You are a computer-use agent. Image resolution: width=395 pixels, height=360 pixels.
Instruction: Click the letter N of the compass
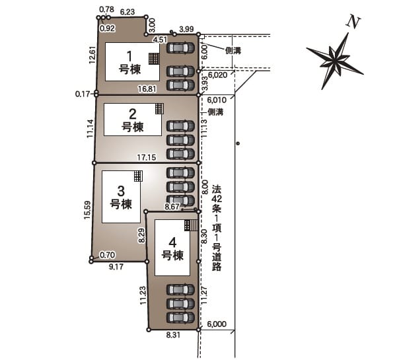(x=353, y=22)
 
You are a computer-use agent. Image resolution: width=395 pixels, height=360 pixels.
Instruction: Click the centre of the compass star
(x=336, y=59)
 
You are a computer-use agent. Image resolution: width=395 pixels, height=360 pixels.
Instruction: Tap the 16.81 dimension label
(x=147, y=89)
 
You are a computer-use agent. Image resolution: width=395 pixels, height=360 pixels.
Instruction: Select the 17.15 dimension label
(x=147, y=158)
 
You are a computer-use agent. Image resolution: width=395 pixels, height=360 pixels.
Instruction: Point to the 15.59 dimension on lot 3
(x=87, y=209)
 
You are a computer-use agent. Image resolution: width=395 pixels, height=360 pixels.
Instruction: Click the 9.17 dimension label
(x=116, y=267)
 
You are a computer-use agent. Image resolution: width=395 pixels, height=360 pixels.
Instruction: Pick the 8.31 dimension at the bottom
(x=173, y=335)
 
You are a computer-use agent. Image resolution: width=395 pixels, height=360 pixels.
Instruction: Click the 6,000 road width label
(x=217, y=324)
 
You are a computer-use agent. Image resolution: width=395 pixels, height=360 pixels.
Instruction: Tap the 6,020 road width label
(x=218, y=75)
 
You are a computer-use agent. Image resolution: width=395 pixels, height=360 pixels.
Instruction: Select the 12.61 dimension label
(x=92, y=55)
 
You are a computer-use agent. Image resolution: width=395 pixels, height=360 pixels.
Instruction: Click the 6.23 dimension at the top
(x=127, y=12)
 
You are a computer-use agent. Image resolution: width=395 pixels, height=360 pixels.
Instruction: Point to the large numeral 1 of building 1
(x=129, y=56)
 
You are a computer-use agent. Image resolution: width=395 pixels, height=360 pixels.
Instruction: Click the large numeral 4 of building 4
(x=172, y=243)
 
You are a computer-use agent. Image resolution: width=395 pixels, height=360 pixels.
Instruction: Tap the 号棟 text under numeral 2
(x=133, y=127)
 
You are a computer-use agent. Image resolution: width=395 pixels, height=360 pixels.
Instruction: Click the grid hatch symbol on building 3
(x=138, y=176)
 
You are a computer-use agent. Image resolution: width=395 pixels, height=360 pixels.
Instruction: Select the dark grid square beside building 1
(x=153, y=59)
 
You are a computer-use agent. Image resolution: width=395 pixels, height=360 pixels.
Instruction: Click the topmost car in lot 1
(x=180, y=48)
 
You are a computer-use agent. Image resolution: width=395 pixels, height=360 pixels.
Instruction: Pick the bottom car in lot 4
(x=180, y=318)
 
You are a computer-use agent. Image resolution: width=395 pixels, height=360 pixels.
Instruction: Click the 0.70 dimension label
(x=107, y=255)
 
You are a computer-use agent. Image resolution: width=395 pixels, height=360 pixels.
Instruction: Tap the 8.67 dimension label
(x=172, y=207)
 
